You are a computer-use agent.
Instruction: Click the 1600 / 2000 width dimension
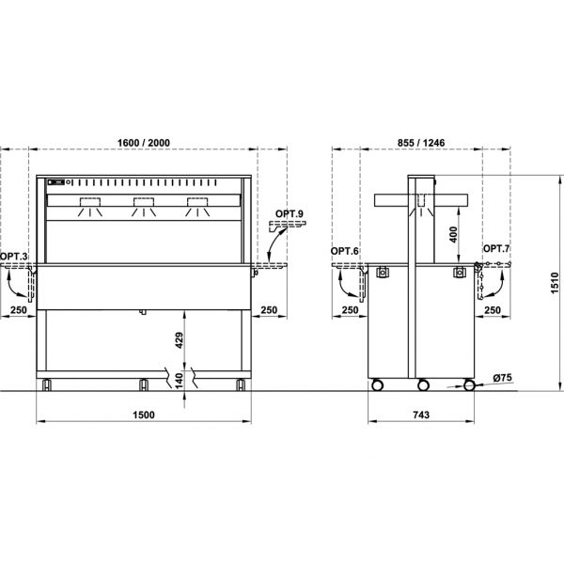tap(144, 143)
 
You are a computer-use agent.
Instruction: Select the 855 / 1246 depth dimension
tap(421, 143)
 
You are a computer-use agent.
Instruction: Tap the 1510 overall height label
tap(555, 283)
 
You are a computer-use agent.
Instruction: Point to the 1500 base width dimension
tap(144, 415)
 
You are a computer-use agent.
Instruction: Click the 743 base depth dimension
tap(421, 415)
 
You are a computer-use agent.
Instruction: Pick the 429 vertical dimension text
tap(180, 340)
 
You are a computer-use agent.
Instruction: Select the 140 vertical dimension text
tap(180, 381)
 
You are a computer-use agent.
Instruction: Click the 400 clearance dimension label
tap(453, 234)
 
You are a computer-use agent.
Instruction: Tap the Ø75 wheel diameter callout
tap(502, 378)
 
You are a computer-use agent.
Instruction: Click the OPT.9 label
tap(290, 213)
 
